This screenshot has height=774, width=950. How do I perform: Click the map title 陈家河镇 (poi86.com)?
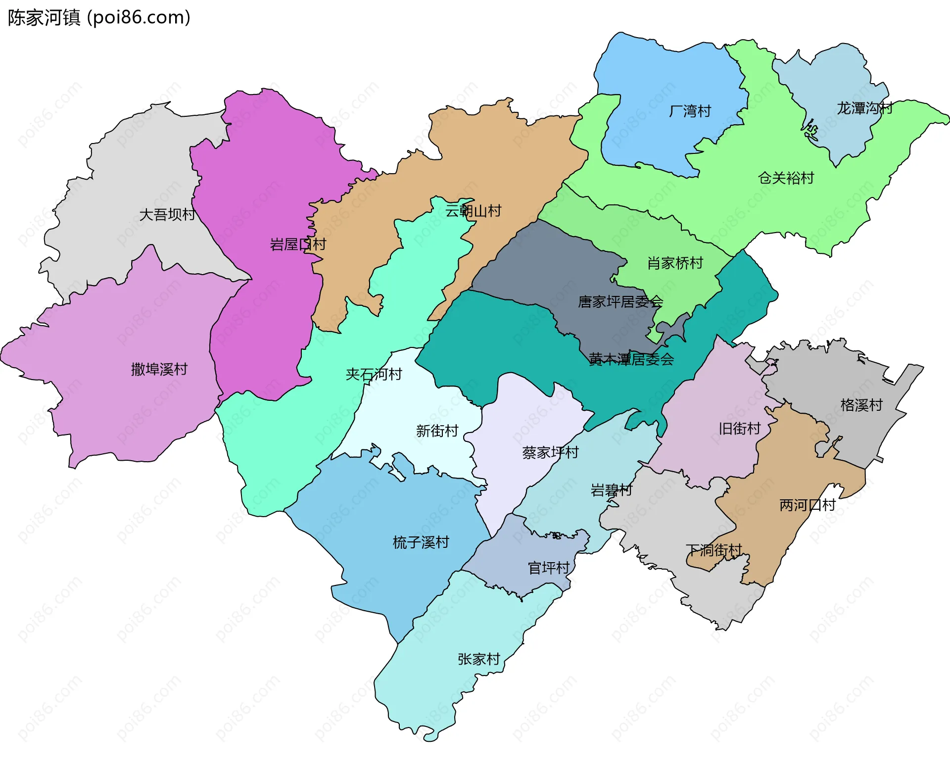99,18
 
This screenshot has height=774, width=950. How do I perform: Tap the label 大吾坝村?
167,215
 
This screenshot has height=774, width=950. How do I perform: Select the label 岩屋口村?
298,244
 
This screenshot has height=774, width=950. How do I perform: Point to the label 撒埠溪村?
159,369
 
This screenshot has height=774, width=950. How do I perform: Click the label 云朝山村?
473,211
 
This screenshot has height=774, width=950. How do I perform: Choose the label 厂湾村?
690,111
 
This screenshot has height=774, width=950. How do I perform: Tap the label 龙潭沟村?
864,108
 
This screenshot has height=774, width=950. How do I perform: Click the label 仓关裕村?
786,178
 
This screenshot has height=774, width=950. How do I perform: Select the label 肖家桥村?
675,263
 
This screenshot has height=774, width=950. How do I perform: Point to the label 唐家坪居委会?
620,302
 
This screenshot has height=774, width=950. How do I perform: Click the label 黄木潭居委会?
631,360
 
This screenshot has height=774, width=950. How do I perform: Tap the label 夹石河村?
374,375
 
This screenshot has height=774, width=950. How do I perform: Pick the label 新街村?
437,431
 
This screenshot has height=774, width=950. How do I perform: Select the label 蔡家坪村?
550,453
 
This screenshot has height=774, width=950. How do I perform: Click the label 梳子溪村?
421,543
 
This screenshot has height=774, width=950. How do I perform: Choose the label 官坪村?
549,568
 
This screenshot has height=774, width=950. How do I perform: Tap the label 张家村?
478,660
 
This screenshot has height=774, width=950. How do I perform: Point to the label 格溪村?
861,405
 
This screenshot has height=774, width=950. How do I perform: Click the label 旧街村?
739,429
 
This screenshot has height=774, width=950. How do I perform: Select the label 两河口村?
807,505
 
